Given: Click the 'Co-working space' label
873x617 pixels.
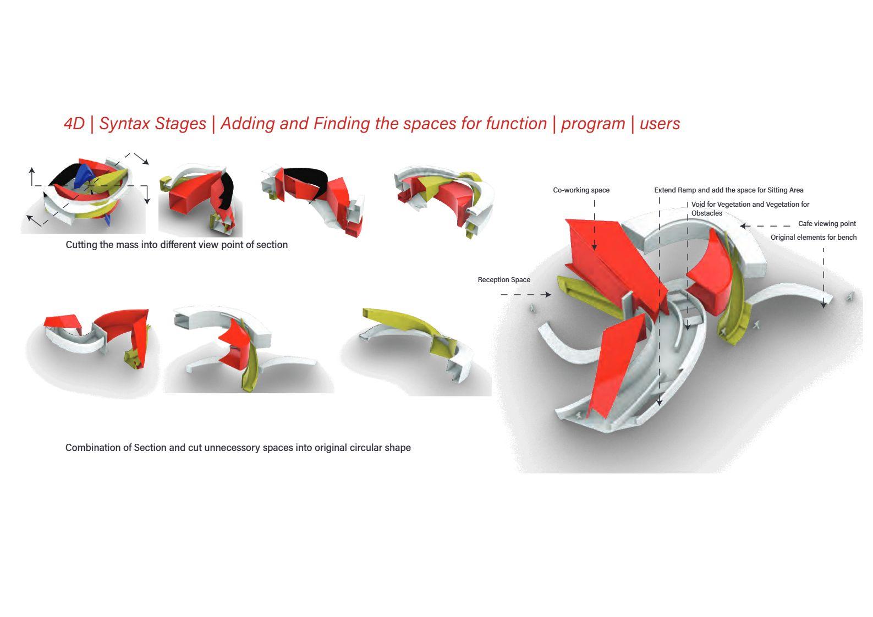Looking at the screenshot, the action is pos(581,190).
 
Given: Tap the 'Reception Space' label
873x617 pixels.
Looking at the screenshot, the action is pos(504,280).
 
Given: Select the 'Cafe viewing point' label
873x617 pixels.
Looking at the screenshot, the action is pos(827,224).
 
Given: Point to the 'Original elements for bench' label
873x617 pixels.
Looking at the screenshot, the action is pos(813,238).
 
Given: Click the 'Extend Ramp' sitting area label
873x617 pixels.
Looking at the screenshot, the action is pos(728,190).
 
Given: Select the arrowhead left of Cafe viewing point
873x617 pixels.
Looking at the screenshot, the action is pos(743,225).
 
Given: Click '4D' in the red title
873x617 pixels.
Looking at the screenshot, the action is pos(74,124).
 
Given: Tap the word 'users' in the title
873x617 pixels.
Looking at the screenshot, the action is pos(660,124).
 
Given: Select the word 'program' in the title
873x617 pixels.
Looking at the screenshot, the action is pos(593,124).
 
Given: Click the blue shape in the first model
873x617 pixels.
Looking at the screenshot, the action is pos(83,177).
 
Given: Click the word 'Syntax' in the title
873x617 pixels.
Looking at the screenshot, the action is pos(125,124).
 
